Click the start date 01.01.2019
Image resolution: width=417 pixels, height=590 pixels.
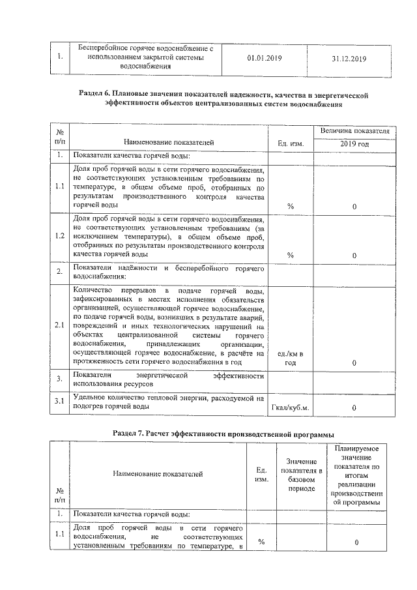click(265, 58)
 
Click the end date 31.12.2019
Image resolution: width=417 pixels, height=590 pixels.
click(349, 58)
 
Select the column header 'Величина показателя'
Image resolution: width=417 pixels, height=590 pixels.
click(354, 131)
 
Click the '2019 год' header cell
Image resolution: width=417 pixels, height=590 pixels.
click(354, 143)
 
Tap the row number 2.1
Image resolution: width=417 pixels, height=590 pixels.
click(59, 325)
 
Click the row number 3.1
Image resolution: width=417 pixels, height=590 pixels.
click(59, 401)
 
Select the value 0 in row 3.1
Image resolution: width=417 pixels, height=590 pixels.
click(354, 408)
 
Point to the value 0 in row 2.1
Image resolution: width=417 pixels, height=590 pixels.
click(354, 362)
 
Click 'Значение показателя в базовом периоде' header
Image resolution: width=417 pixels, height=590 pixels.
click(302, 474)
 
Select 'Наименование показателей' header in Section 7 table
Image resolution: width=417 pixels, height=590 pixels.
click(158, 474)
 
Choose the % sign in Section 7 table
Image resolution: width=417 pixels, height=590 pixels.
click(261, 542)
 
